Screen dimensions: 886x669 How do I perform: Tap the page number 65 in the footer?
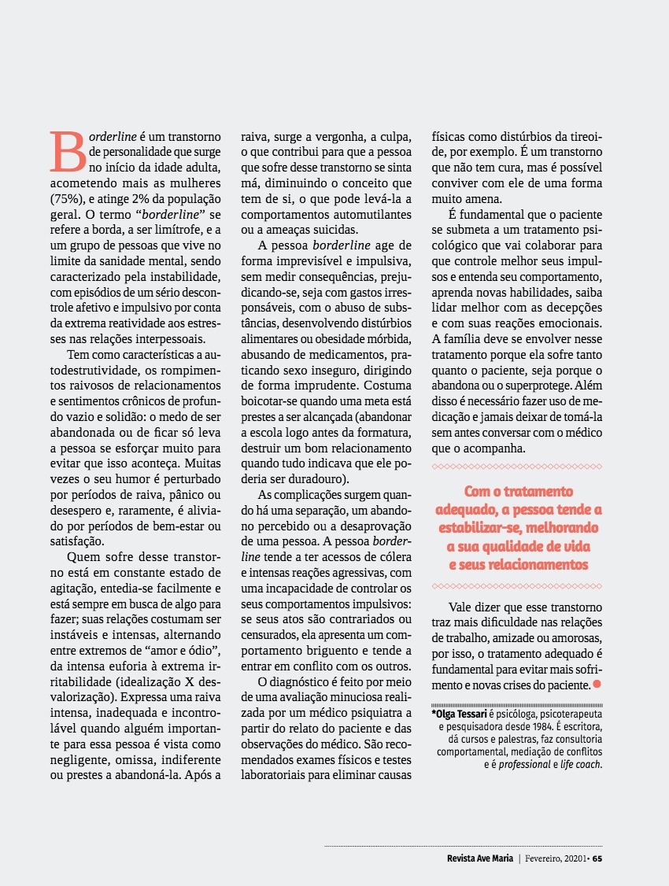pyautogui.click(x=597, y=858)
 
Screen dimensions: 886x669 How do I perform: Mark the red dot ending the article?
pyautogui.click(x=597, y=685)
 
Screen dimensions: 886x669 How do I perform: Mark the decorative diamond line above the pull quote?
pyautogui.click(x=517, y=467)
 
